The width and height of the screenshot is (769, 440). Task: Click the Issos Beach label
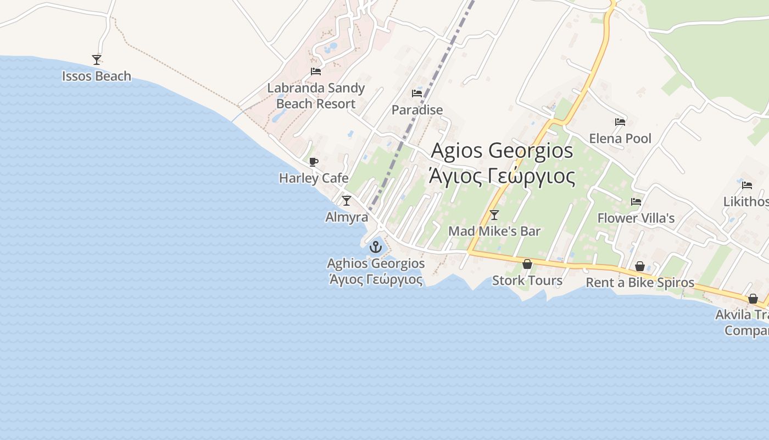97,76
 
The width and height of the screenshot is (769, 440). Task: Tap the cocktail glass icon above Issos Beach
97,59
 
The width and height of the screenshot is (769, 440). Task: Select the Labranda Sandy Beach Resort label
316,96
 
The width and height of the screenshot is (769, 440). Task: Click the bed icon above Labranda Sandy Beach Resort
315,71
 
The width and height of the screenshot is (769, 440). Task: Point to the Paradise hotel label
417,110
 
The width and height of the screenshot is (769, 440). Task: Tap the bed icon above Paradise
417,93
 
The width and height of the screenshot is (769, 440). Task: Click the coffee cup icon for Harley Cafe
314,162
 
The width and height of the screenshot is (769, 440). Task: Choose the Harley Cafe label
314,178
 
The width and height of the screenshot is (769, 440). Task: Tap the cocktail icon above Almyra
347,200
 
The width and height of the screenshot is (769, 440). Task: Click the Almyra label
347,217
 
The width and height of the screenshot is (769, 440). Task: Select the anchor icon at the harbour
376,246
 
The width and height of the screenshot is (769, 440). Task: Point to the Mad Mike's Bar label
494,232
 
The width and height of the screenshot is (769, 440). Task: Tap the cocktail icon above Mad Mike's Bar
494,215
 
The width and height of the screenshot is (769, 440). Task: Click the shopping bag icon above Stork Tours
527,264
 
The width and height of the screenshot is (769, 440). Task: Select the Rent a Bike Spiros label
640,283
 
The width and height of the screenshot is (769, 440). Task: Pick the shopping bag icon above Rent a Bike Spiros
640,266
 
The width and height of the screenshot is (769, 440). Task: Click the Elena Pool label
620,139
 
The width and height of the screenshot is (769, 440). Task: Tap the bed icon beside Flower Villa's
636,202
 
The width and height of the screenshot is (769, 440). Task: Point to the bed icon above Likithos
746,185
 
